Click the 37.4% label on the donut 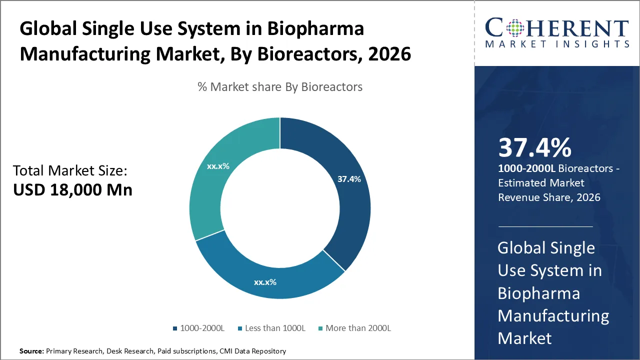(x=348, y=179)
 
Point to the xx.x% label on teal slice (x=218, y=166)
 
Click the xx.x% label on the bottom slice (x=265, y=282)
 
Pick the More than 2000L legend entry (x=354, y=328)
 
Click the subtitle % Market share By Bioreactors (x=280, y=87)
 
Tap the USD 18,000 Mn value (x=72, y=190)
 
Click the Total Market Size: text (x=70, y=171)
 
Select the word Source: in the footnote (x=31, y=351)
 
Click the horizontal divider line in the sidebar (x=545, y=226)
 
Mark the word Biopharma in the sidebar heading (x=538, y=293)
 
